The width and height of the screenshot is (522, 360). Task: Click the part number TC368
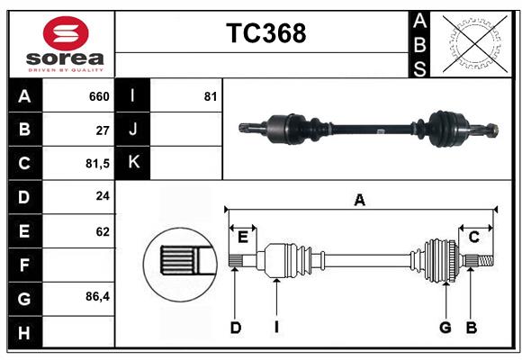click(x=265, y=33)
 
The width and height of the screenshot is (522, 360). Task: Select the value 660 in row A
click(x=99, y=96)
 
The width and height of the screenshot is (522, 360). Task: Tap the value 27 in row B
click(x=103, y=130)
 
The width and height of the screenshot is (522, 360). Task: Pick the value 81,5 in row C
click(x=95, y=164)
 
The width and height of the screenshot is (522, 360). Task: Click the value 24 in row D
click(x=103, y=197)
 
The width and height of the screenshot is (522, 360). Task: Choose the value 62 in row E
click(x=103, y=231)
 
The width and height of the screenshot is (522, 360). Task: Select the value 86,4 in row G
click(x=97, y=297)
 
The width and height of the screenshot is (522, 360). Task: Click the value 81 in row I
click(x=211, y=96)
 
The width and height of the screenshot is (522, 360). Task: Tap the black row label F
click(x=24, y=265)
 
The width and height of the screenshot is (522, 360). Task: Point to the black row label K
click(x=133, y=163)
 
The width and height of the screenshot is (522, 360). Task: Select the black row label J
click(x=133, y=130)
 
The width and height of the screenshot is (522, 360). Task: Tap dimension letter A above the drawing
click(x=360, y=201)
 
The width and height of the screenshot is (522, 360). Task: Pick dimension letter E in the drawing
click(x=243, y=237)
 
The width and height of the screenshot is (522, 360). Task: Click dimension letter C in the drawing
click(x=473, y=237)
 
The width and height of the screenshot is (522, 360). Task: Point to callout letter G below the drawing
click(x=445, y=328)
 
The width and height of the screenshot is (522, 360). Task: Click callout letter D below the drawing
click(x=236, y=328)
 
